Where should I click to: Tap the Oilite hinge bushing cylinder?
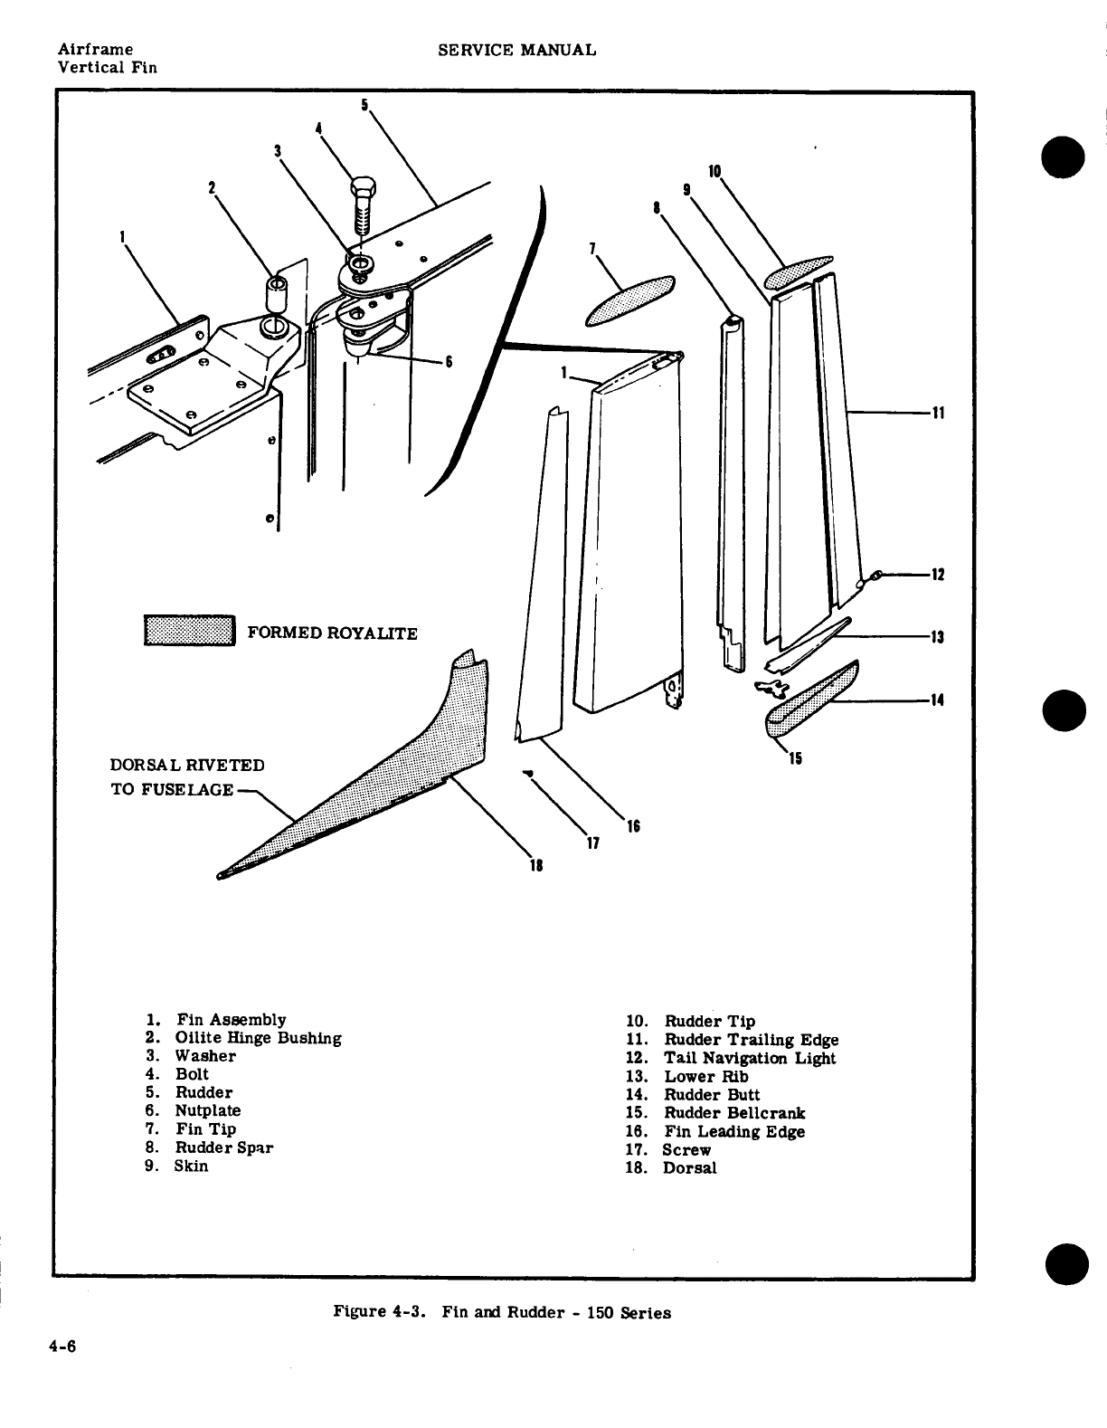pyautogui.click(x=275, y=295)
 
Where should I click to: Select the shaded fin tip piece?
pyautogui.click(x=630, y=298)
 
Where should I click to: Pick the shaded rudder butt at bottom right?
pyautogui.click(x=811, y=697)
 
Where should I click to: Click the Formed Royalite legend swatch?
pyautogui.click(x=189, y=631)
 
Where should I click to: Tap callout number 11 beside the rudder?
pyautogui.click(x=938, y=414)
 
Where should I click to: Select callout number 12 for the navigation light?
pyautogui.click(x=938, y=575)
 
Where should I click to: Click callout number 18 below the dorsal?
pyautogui.click(x=535, y=865)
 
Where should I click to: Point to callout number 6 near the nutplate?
pyautogui.click(x=448, y=363)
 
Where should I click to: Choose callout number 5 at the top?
pyautogui.click(x=364, y=105)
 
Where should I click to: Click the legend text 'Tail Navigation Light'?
pyautogui.click(x=750, y=1058)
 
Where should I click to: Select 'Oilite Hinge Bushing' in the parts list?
pyautogui.click(x=258, y=1038)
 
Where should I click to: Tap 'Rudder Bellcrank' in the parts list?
pyautogui.click(x=734, y=1113)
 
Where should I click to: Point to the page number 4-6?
pyautogui.click(x=63, y=1346)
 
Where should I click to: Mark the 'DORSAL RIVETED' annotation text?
pyautogui.click(x=187, y=765)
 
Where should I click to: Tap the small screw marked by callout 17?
pyautogui.click(x=527, y=773)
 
